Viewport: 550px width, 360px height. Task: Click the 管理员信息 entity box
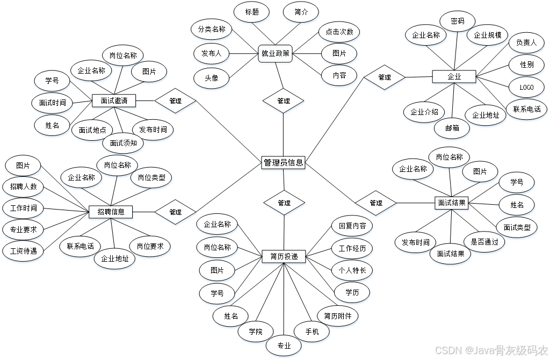[283, 163]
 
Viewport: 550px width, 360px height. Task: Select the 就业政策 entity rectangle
[276, 54]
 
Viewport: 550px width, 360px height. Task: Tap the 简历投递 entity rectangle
[284, 257]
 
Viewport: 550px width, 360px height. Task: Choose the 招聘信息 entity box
[111, 212]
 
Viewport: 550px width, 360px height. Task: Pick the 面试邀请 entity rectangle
[114, 100]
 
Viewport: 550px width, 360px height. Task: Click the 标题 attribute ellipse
[251, 12]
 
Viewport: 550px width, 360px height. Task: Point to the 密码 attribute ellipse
[457, 21]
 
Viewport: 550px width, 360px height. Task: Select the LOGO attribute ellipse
[526, 87]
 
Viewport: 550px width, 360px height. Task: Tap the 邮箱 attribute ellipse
[452, 128]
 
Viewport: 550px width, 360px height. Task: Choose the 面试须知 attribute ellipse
[123, 143]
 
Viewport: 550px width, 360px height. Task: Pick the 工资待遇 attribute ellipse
[23, 250]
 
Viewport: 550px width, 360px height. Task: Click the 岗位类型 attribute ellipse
[151, 177]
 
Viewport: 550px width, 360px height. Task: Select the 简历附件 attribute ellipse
[337, 316]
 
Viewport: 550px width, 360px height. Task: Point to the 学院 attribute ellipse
[256, 332]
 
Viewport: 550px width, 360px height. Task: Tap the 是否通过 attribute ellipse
[484, 242]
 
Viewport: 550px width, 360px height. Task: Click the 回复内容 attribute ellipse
[352, 226]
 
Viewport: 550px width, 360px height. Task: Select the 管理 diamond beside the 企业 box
[384, 77]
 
